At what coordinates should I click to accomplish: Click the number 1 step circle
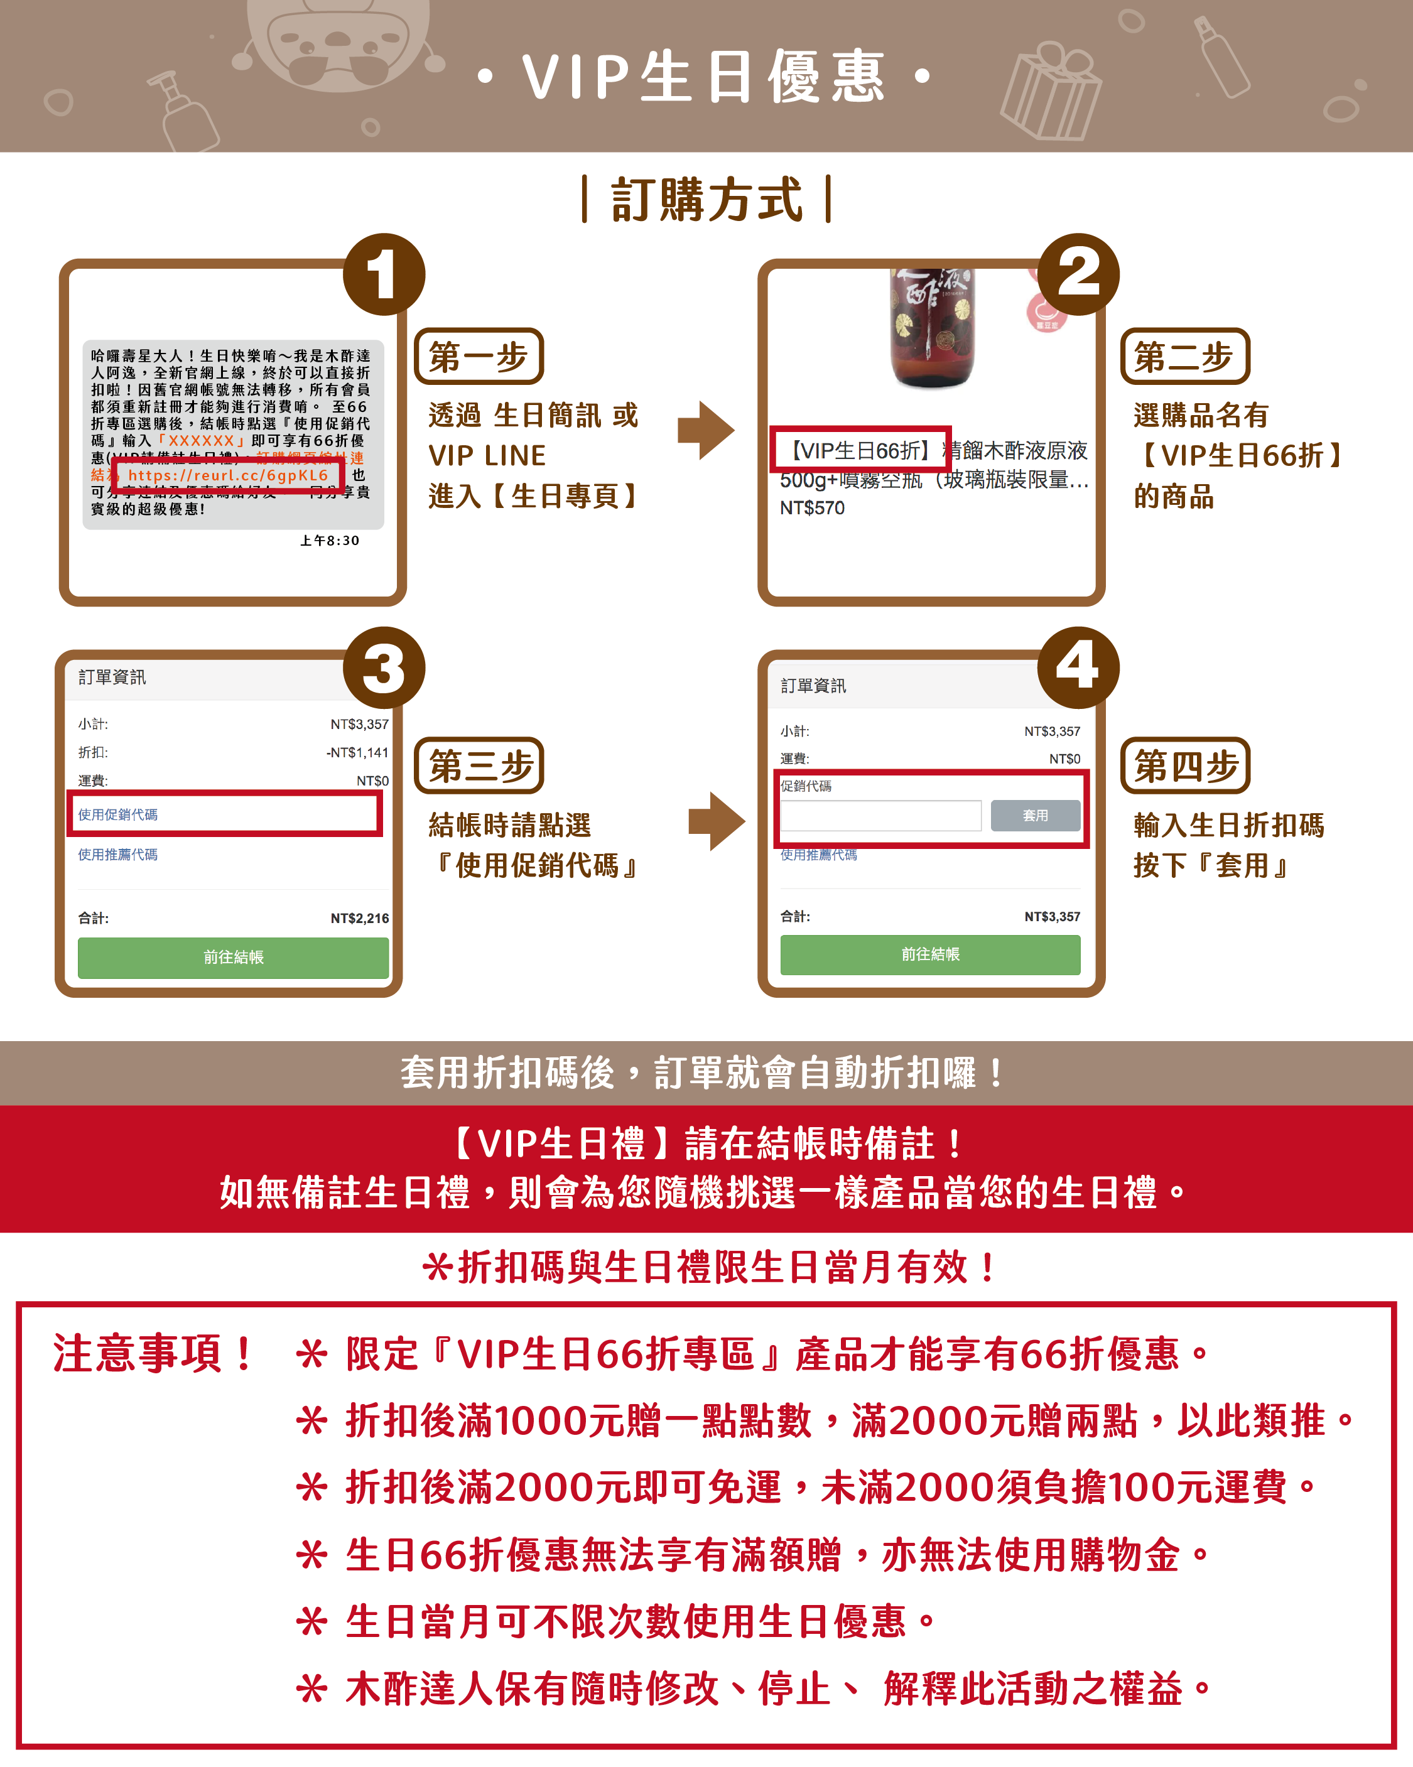(x=384, y=274)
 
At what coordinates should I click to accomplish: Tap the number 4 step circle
(x=1078, y=667)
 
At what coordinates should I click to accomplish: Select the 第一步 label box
(x=479, y=357)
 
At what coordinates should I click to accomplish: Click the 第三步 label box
(x=479, y=765)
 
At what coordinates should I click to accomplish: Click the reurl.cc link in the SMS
(x=228, y=475)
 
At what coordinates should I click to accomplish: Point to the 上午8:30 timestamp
(x=330, y=541)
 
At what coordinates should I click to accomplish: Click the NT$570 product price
(x=812, y=508)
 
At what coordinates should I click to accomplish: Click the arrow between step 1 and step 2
(x=705, y=430)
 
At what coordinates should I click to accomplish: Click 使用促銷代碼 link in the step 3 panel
(x=118, y=814)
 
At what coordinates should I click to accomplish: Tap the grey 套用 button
(x=1034, y=816)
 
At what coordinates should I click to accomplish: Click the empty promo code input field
(x=880, y=816)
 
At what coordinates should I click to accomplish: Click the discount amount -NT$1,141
(x=357, y=752)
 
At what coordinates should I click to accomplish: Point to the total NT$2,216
(x=359, y=918)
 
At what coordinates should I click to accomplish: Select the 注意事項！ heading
(x=153, y=1353)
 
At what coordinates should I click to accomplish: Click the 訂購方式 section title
(x=706, y=199)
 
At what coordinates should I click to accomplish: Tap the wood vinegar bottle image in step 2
(x=933, y=328)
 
